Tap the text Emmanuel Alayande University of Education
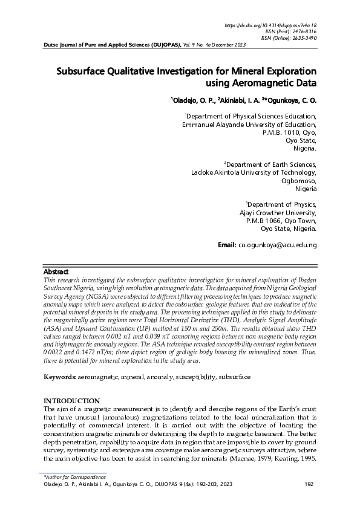click(x=249, y=125)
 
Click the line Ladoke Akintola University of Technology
click(x=254, y=172)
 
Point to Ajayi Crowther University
click(x=278, y=213)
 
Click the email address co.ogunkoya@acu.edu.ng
click(x=277, y=245)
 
